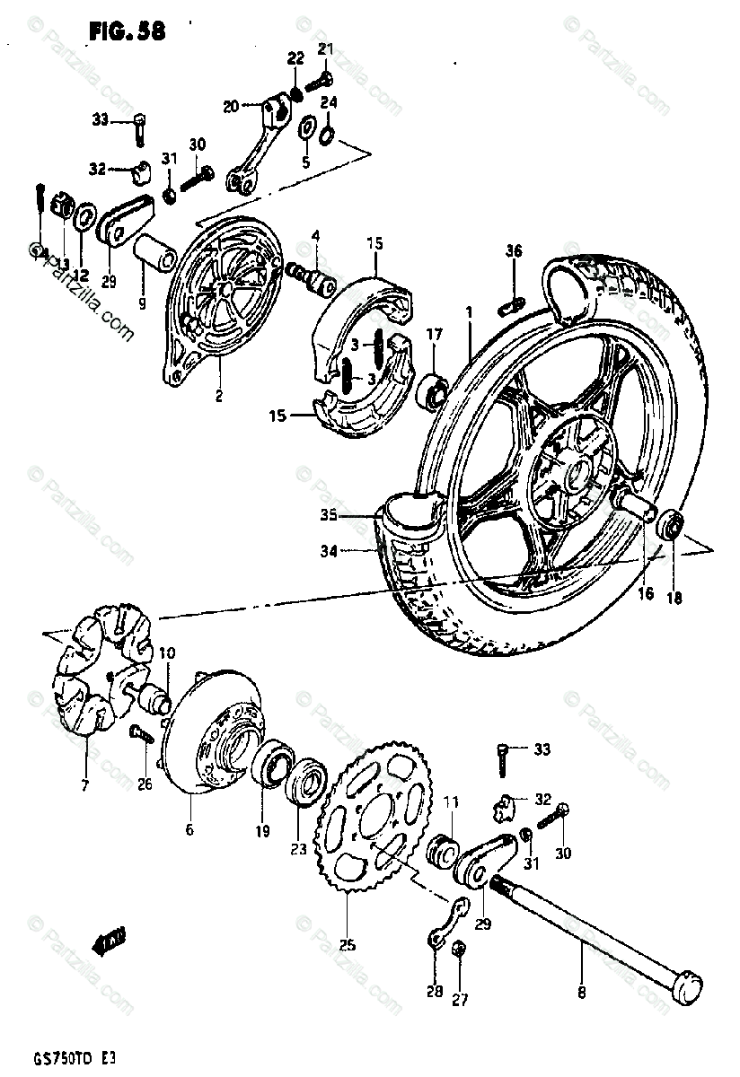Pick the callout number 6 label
[189, 829]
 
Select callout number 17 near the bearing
[435, 334]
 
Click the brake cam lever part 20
[260, 144]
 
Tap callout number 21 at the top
[324, 48]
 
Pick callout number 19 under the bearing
[260, 831]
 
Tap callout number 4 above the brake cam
[315, 237]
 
